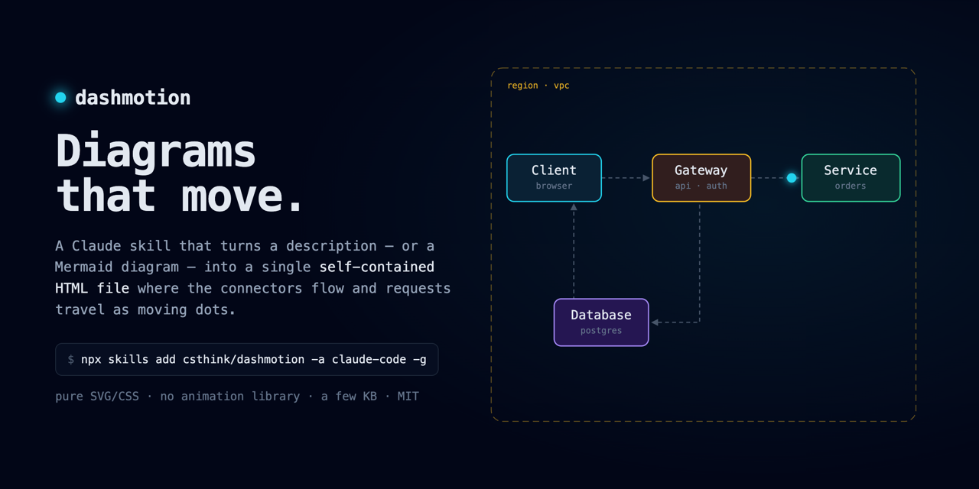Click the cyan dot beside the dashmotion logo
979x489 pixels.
click(60, 98)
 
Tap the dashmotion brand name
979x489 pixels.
click(133, 98)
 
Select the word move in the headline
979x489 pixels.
click(233, 196)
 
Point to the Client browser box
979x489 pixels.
click(554, 178)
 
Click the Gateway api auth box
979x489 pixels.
click(701, 178)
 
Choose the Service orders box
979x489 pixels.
click(851, 178)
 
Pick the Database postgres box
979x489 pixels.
click(601, 322)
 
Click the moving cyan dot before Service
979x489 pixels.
click(792, 178)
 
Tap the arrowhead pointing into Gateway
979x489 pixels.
click(646, 178)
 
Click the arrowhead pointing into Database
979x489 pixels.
click(655, 322)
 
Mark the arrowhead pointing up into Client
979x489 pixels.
click(574, 207)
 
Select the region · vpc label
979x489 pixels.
click(538, 86)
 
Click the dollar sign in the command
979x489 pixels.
click(71, 359)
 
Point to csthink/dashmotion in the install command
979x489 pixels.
click(243, 359)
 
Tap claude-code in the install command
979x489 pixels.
click(369, 359)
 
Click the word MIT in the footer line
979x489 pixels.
click(408, 396)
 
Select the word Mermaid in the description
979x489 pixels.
click(83, 267)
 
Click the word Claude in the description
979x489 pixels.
click(96, 246)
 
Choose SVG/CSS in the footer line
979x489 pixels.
click(115, 396)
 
